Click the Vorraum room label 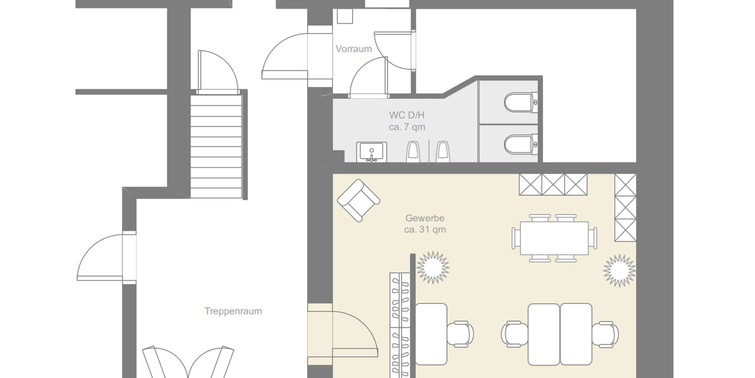pyautogui.click(x=354, y=49)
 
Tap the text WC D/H pyautogui.click(x=406, y=115)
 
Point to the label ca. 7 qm pyautogui.click(x=406, y=127)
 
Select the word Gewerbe pyautogui.click(x=425, y=218)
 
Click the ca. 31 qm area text pyautogui.click(x=425, y=229)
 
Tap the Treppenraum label pyautogui.click(x=233, y=311)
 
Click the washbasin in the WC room pyautogui.click(x=371, y=152)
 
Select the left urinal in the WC pyautogui.click(x=413, y=151)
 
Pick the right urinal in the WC pyautogui.click(x=442, y=151)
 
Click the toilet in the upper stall pyautogui.click(x=520, y=102)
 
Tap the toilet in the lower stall pyautogui.click(x=520, y=145)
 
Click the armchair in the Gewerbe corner pyautogui.click(x=358, y=200)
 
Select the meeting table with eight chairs pyautogui.click(x=554, y=238)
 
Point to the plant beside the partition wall pyautogui.click(x=433, y=267)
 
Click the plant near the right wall pyautogui.click(x=620, y=271)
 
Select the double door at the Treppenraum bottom pyautogui.click(x=189, y=362)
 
